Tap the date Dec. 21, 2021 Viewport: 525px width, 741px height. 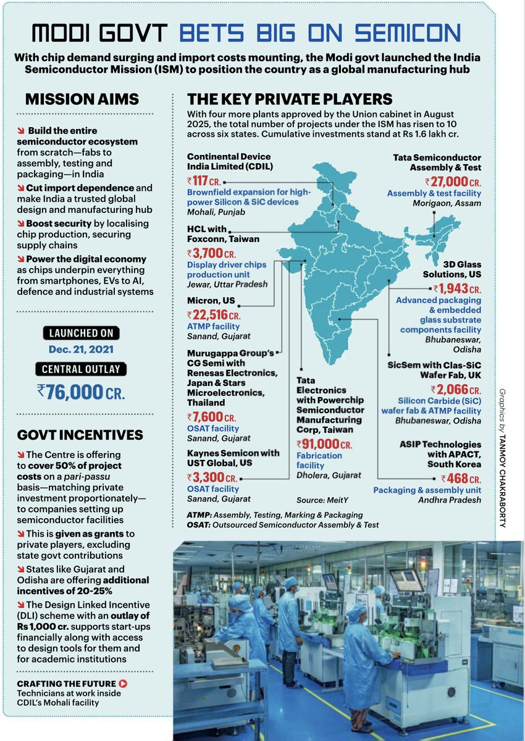click(80, 349)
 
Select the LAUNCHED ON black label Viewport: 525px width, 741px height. click(80, 333)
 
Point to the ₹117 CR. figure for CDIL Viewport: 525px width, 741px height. click(204, 181)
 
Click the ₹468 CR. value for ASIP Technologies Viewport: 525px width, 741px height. click(461, 479)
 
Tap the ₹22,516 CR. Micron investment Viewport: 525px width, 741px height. click(214, 314)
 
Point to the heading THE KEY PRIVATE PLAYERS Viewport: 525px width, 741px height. click(290, 99)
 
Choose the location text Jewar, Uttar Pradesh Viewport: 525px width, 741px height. click(227, 284)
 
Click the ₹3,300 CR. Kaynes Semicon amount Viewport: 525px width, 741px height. click(214, 477)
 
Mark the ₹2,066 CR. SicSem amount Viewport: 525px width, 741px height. click(457, 390)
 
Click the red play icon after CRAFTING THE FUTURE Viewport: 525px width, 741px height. click(124, 684)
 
